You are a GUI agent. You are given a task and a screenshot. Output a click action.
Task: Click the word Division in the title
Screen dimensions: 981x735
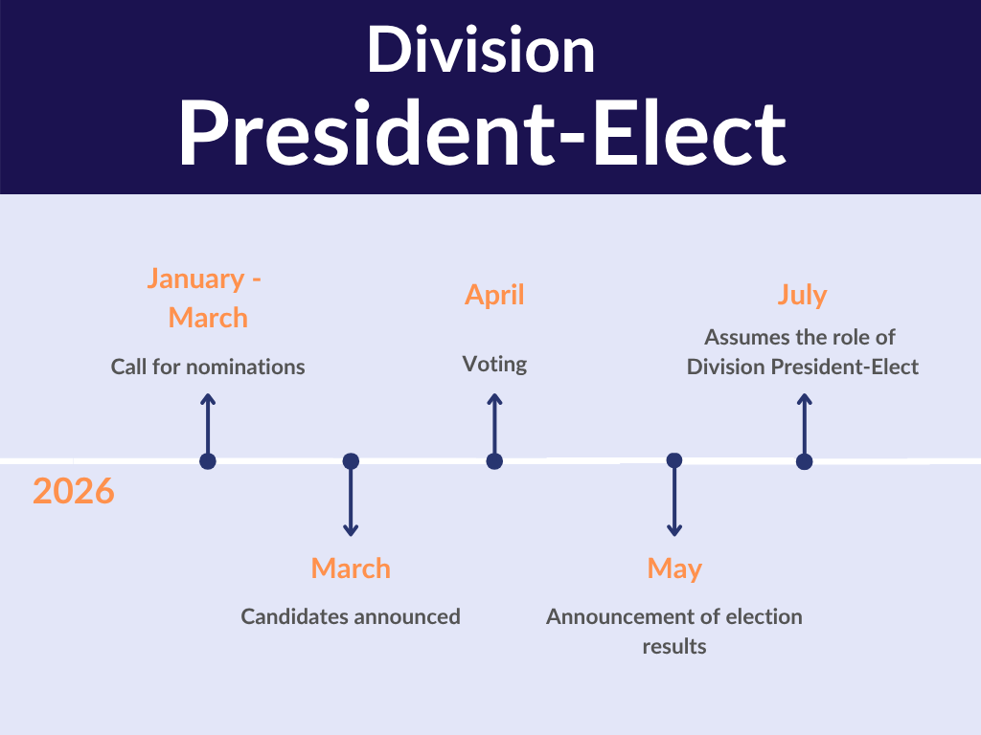(x=481, y=50)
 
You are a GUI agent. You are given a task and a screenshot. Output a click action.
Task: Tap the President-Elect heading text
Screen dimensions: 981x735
(x=483, y=133)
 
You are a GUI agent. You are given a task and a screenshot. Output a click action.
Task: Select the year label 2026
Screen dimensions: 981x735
(x=73, y=491)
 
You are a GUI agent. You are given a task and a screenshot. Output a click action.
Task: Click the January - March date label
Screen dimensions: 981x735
(x=206, y=299)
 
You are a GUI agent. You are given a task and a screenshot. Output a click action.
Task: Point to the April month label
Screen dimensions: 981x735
(x=494, y=296)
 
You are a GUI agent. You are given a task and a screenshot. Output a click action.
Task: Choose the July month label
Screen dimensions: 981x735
(x=802, y=296)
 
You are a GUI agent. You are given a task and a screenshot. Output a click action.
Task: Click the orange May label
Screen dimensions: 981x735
(x=674, y=569)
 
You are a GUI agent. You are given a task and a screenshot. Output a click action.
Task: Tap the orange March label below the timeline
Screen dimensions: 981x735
(x=351, y=568)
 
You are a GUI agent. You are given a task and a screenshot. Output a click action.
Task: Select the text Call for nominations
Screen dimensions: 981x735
(x=208, y=367)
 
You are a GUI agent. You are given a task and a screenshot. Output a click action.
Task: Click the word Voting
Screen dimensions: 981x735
(x=495, y=365)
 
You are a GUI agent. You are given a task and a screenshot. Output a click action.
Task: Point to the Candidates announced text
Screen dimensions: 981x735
(x=351, y=617)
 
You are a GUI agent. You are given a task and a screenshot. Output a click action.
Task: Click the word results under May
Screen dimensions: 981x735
(x=674, y=646)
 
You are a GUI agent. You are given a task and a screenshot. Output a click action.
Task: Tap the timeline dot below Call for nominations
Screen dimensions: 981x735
(x=208, y=461)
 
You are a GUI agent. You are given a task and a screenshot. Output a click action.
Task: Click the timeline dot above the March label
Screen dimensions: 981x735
(x=351, y=461)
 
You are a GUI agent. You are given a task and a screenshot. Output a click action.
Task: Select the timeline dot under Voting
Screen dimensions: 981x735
(x=494, y=461)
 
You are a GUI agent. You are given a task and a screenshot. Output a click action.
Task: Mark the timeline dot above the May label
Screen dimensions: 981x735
(x=674, y=460)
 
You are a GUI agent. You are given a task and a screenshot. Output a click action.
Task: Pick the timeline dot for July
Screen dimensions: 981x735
(x=805, y=462)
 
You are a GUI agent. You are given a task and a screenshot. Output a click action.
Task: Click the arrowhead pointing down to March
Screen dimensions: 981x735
(x=351, y=531)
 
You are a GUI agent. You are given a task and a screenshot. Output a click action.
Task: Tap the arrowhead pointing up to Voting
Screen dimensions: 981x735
(x=494, y=398)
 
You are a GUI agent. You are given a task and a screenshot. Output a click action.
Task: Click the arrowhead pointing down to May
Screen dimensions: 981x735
(x=674, y=531)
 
